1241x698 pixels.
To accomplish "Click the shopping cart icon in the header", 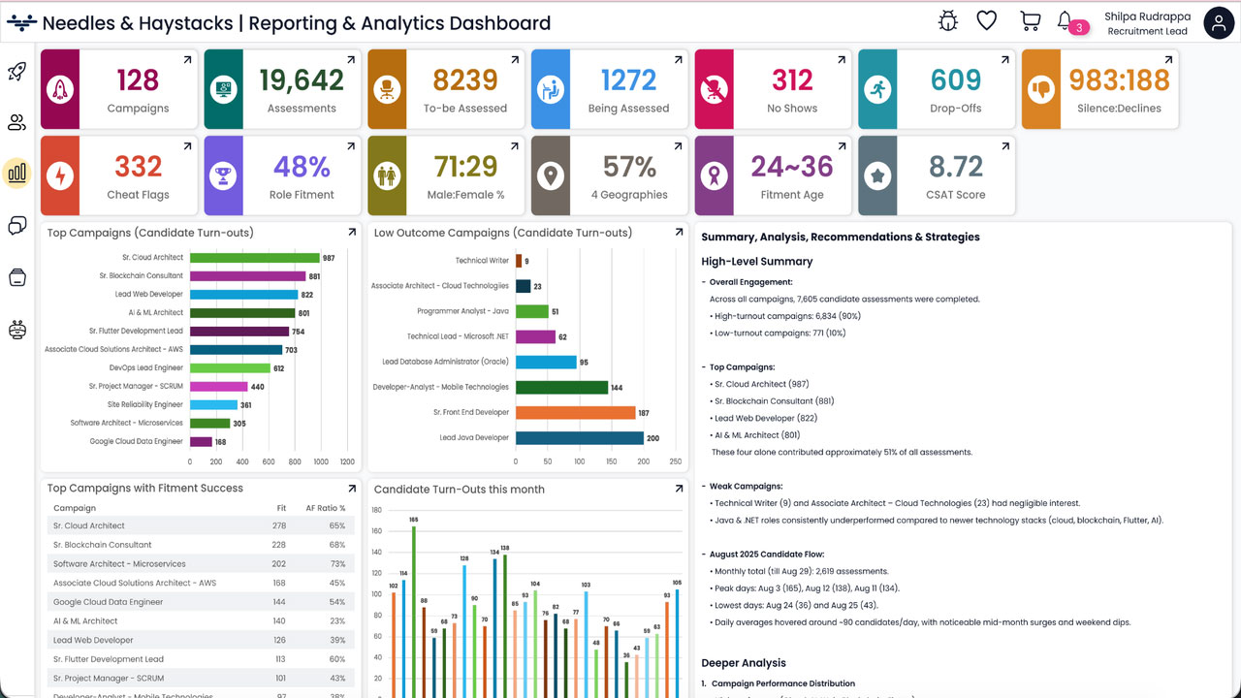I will [1030, 20].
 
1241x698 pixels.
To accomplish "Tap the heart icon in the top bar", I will [987, 20].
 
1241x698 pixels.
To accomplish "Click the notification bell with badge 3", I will [1065, 20].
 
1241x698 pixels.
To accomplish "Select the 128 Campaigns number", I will [138, 79].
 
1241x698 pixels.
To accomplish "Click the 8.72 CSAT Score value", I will [956, 167].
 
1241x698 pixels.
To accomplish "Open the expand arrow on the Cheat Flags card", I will [187, 147].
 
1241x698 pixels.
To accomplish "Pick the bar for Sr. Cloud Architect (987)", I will [254, 258].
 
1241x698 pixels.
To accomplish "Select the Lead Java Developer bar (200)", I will [579, 437].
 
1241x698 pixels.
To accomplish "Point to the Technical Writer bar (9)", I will [518, 261].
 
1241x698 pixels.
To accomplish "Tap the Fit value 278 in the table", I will [279, 525].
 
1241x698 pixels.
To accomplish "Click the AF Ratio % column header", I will [325, 508].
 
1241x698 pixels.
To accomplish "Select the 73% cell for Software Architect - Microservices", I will [337, 563].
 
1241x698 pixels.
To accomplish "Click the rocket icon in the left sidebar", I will [17, 71].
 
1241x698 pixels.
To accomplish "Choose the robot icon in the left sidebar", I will [17, 330].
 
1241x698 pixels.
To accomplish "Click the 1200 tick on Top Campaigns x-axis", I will [346, 462].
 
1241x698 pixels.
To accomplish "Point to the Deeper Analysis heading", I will [743, 663].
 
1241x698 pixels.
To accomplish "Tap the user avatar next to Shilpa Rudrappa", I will [1218, 22].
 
